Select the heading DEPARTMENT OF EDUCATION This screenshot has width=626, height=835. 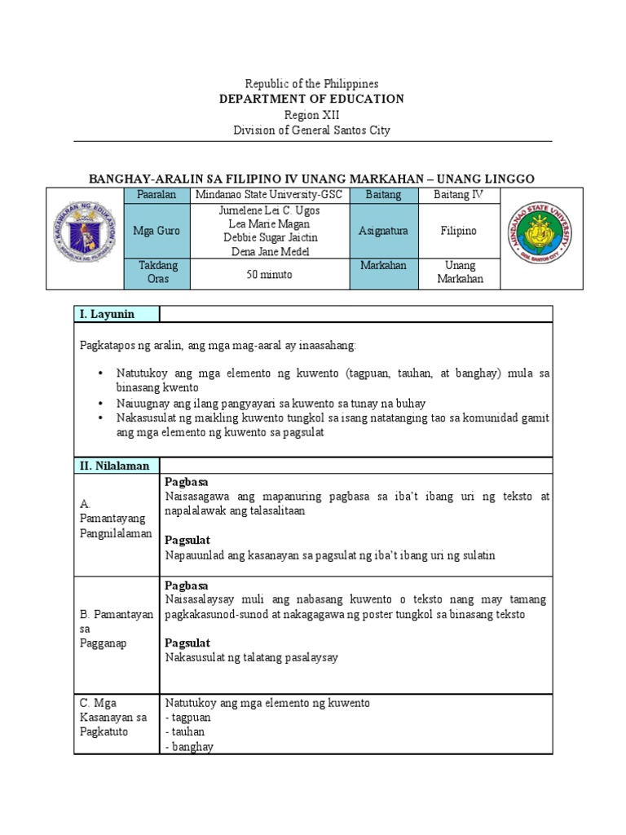click(313, 99)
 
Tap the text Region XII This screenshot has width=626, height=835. click(313, 114)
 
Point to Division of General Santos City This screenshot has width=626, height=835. click(313, 130)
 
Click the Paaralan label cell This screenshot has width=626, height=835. click(156, 196)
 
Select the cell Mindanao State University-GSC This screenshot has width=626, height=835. click(269, 196)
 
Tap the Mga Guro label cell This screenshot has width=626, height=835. click(156, 232)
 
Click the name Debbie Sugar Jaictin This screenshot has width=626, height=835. click(269, 237)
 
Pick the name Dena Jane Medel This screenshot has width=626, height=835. click(269, 251)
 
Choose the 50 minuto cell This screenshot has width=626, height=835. click(269, 275)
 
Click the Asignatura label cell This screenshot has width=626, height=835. click(383, 232)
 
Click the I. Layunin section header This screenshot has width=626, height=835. click(106, 314)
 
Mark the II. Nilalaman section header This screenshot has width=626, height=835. click(114, 466)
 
